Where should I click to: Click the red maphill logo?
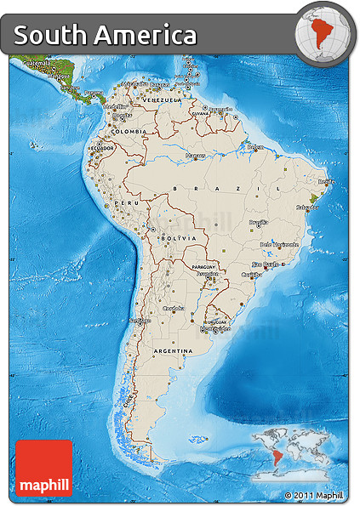pyautogui.click(x=44, y=468)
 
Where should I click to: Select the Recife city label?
pyautogui.click(x=325, y=181)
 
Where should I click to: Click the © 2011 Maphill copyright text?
pyautogui.click(x=315, y=495)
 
